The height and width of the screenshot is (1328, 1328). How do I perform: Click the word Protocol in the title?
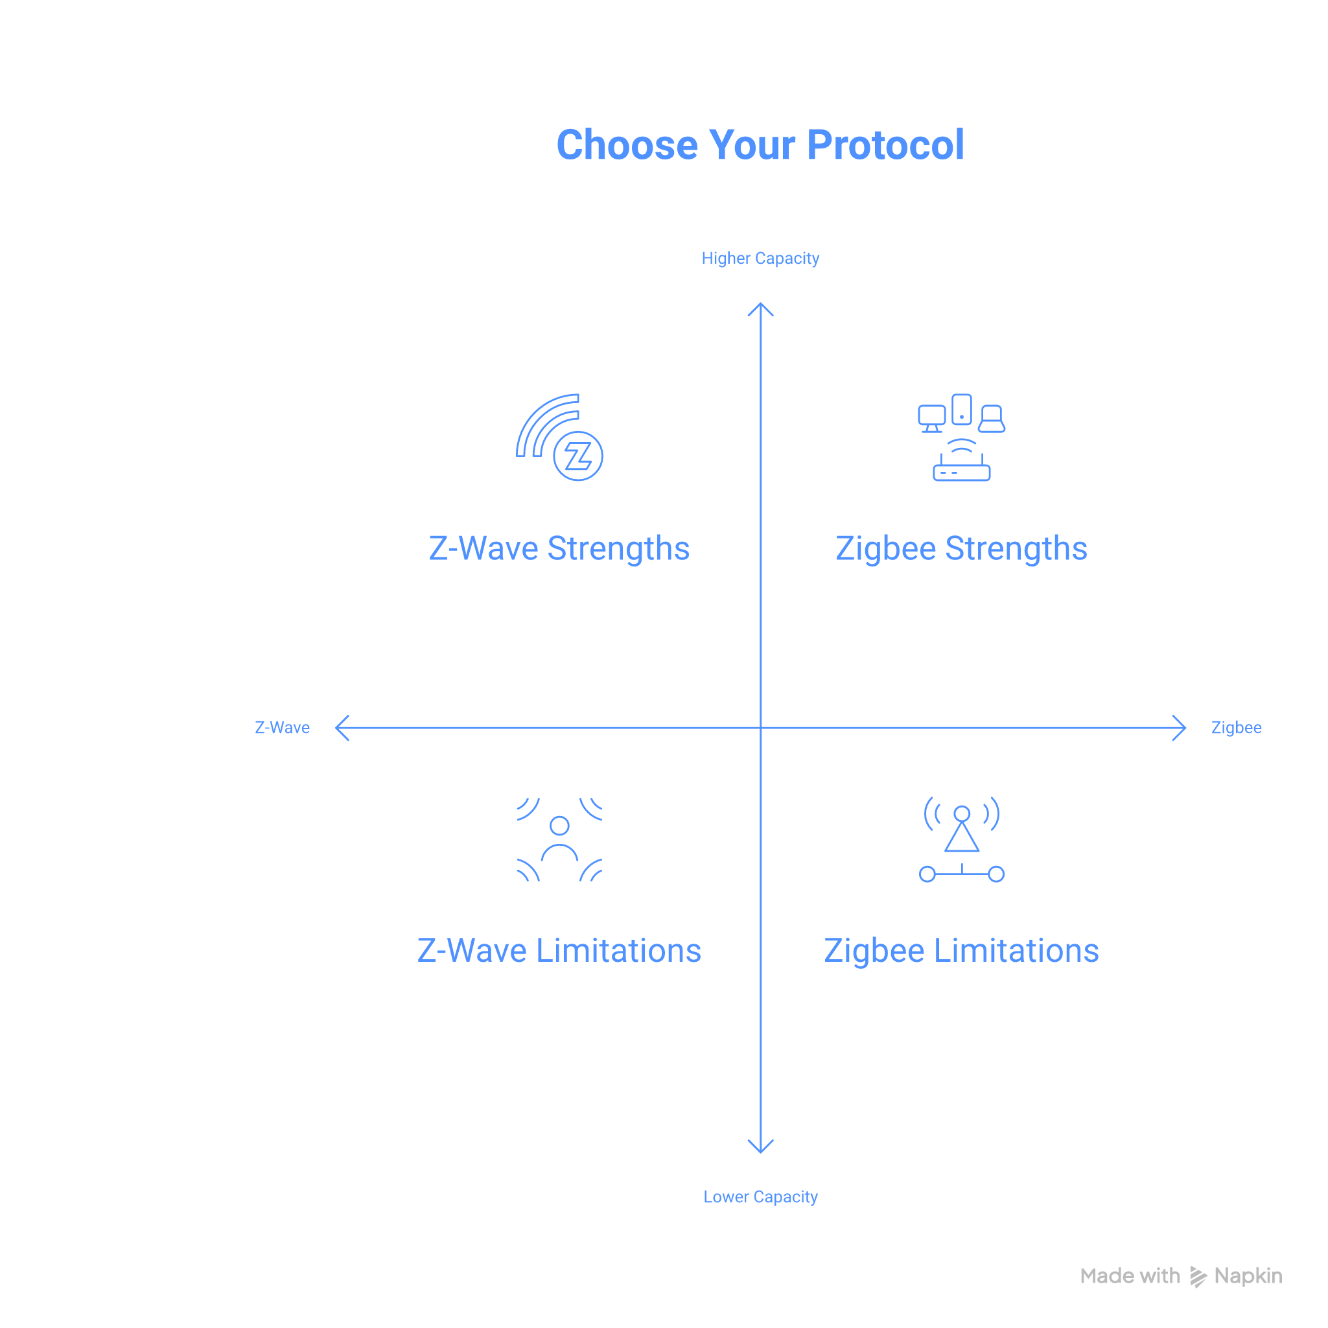click(x=885, y=145)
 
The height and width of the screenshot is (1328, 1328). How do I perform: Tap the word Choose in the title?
click(x=627, y=145)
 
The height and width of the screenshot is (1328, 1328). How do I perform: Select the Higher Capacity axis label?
click(x=760, y=259)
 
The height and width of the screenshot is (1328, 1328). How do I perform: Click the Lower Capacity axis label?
click(x=760, y=1196)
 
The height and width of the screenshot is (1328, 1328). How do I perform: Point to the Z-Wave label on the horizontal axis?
click(x=282, y=727)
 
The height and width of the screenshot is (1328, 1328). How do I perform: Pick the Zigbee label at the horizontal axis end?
click(x=1236, y=727)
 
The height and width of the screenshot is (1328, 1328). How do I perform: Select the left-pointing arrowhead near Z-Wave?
click(x=342, y=727)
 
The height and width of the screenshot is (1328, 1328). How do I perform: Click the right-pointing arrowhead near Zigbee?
click(x=1180, y=727)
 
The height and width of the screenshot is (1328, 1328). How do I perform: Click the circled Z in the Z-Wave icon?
click(x=578, y=456)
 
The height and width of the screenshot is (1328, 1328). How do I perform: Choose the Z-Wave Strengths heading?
click(x=559, y=548)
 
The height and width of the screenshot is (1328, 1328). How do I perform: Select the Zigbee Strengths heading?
click(x=961, y=548)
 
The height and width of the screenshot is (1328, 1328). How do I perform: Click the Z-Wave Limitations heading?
click(x=559, y=951)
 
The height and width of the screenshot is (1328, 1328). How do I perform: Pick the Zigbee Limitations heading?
click(x=961, y=951)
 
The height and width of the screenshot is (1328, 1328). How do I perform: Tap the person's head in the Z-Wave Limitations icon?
click(x=559, y=825)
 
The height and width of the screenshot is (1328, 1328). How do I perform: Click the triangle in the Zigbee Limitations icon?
click(x=962, y=839)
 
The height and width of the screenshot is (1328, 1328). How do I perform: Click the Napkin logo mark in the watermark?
click(x=1199, y=1276)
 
